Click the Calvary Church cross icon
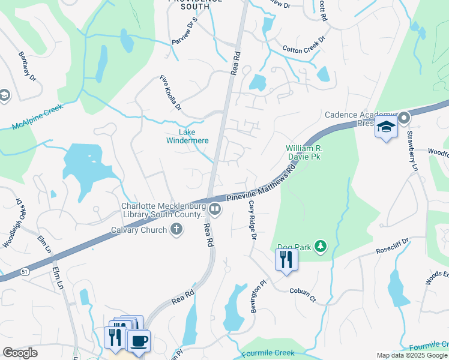pyautogui.click(x=176, y=229)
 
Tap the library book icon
pyautogui.click(x=215, y=209)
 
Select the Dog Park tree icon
pyautogui.click(x=321, y=245)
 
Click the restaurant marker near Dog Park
pyautogui.click(x=286, y=260)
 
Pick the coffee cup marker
pyautogui.click(x=140, y=340)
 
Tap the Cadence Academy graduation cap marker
pyautogui.click(x=386, y=127)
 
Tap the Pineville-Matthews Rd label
pyautogui.click(x=262, y=185)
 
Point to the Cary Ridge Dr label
pyautogui.click(x=252, y=220)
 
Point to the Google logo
pyautogui.click(x=20, y=353)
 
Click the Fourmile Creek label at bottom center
pyautogui.click(x=268, y=353)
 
